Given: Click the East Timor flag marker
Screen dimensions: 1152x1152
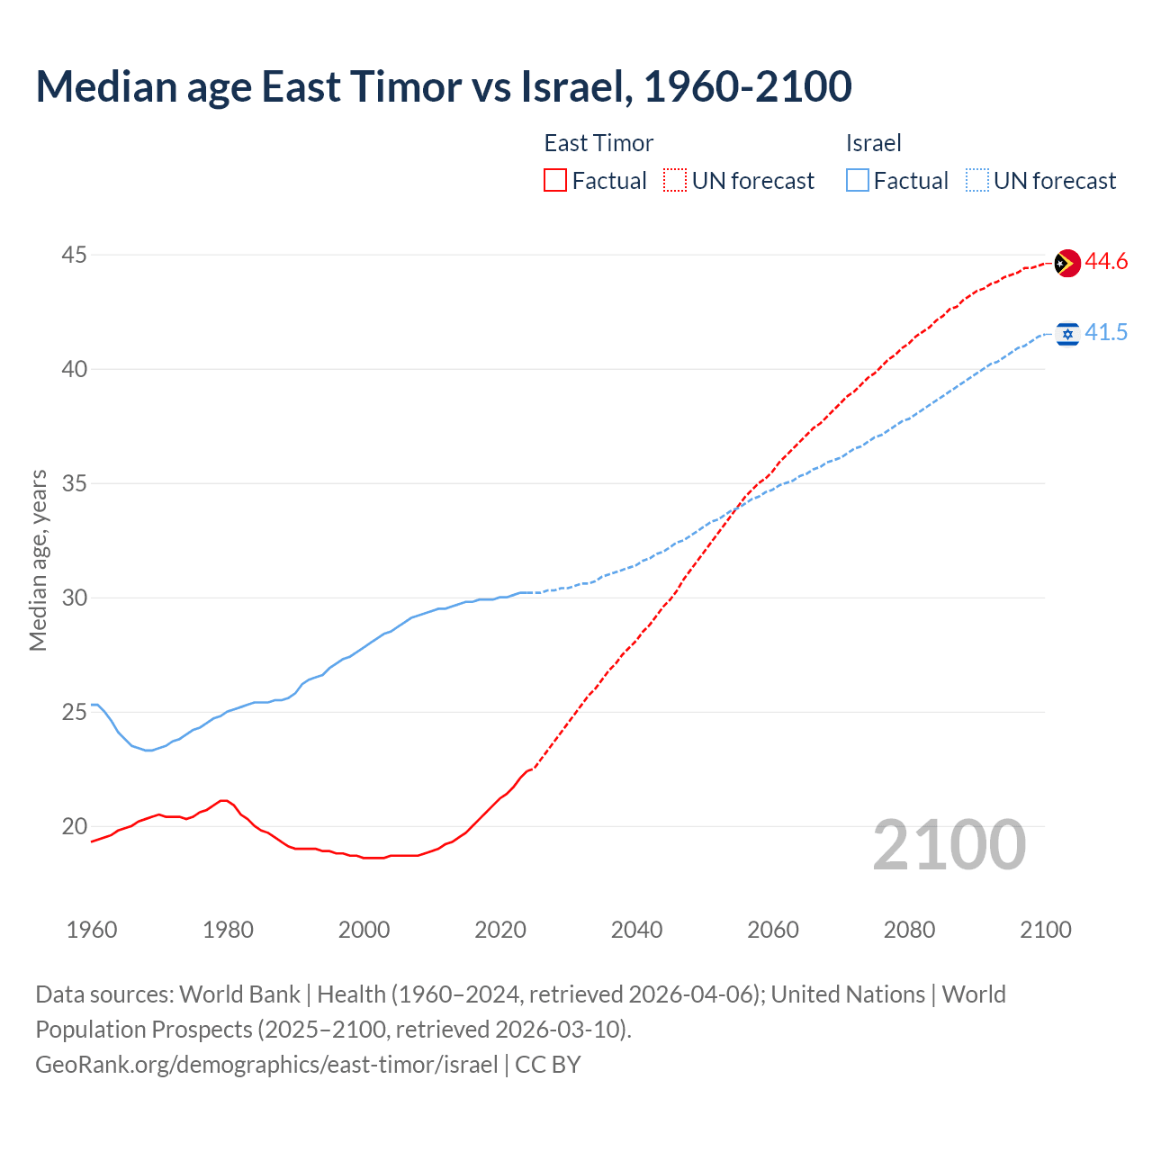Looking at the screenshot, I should click(1066, 263).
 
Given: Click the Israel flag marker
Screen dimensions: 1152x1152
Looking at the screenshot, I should click(1067, 334).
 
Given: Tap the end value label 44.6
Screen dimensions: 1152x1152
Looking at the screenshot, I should click(1106, 262).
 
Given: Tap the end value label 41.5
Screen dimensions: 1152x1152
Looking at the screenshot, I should click(1106, 333).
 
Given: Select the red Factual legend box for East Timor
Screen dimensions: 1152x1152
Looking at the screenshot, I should click(555, 181).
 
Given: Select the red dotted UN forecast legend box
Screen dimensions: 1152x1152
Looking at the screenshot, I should click(675, 181).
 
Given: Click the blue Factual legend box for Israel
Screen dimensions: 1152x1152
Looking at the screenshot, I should click(858, 181).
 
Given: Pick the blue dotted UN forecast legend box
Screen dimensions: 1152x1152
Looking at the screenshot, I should click(977, 181).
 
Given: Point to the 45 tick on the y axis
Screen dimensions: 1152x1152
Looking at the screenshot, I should click(74, 256).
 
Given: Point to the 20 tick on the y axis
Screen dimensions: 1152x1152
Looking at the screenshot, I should click(74, 826).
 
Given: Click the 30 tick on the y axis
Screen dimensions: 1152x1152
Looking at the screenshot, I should click(74, 598).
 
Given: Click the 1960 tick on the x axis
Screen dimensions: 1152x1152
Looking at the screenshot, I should click(92, 930).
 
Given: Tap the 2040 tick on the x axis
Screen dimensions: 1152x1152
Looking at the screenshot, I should click(636, 930).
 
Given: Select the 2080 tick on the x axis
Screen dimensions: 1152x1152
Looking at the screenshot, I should click(909, 930).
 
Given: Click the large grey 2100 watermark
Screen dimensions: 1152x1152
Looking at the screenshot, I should click(949, 845).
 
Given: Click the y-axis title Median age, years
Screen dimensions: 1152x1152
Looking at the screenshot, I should click(38, 560).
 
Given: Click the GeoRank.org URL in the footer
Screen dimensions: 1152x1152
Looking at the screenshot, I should click(266, 1065).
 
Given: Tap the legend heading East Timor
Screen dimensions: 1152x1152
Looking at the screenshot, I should click(598, 143).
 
